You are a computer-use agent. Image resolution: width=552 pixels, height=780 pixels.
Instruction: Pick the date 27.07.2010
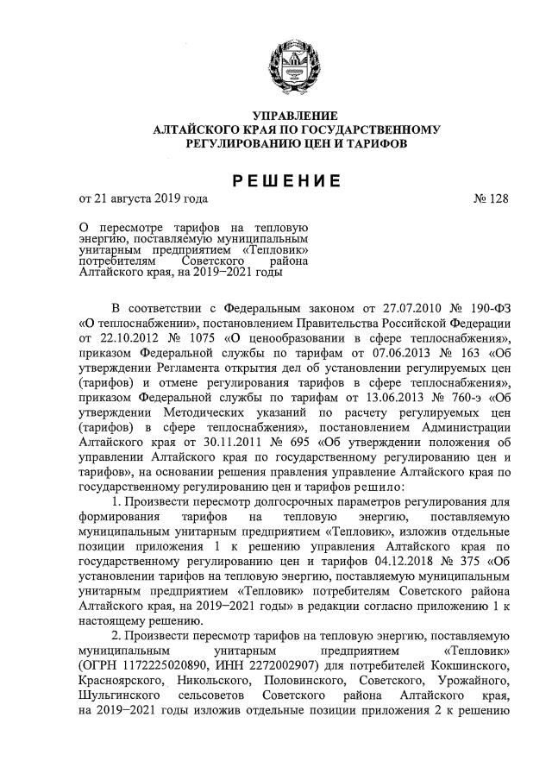pyautogui.click(x=402, y=307)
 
